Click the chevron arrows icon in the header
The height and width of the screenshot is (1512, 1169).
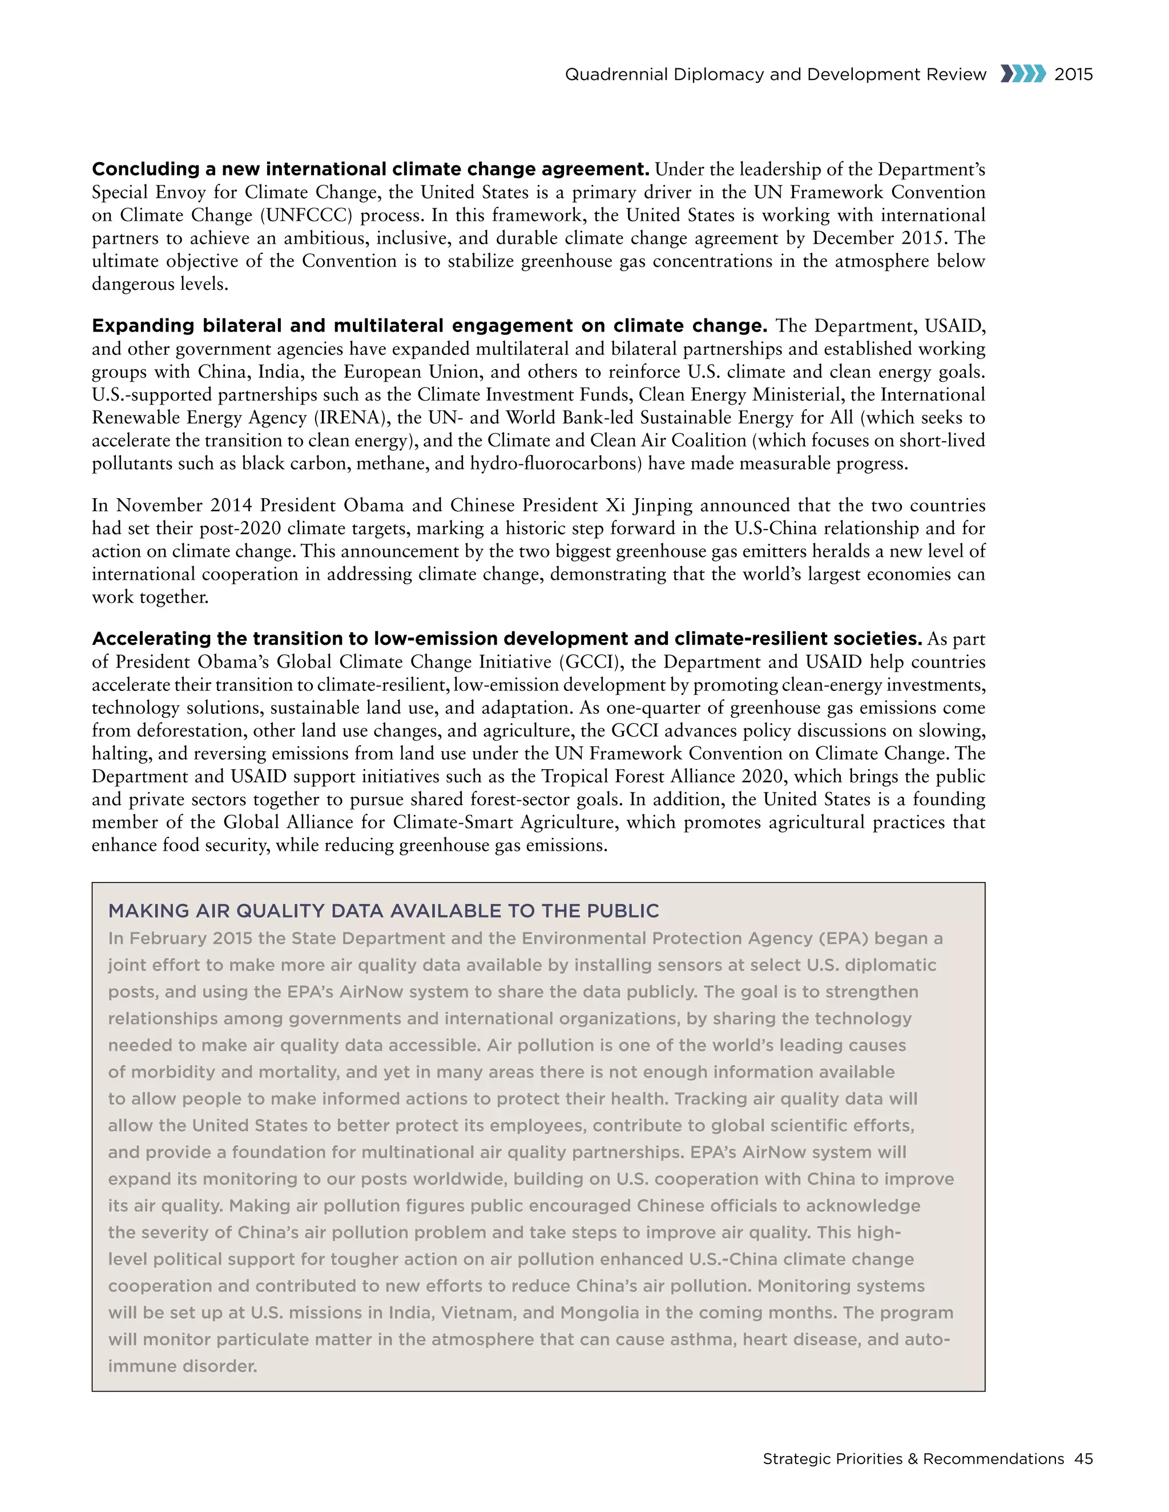[1022, 74]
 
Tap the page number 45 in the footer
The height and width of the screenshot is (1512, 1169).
[1083, 1459]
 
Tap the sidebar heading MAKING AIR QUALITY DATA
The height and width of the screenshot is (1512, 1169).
[383, 911]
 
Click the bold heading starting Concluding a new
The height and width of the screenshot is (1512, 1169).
[370, 169]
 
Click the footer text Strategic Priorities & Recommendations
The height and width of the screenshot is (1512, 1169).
[913, 1459]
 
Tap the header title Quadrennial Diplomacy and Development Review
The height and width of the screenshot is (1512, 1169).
[775, 75]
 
